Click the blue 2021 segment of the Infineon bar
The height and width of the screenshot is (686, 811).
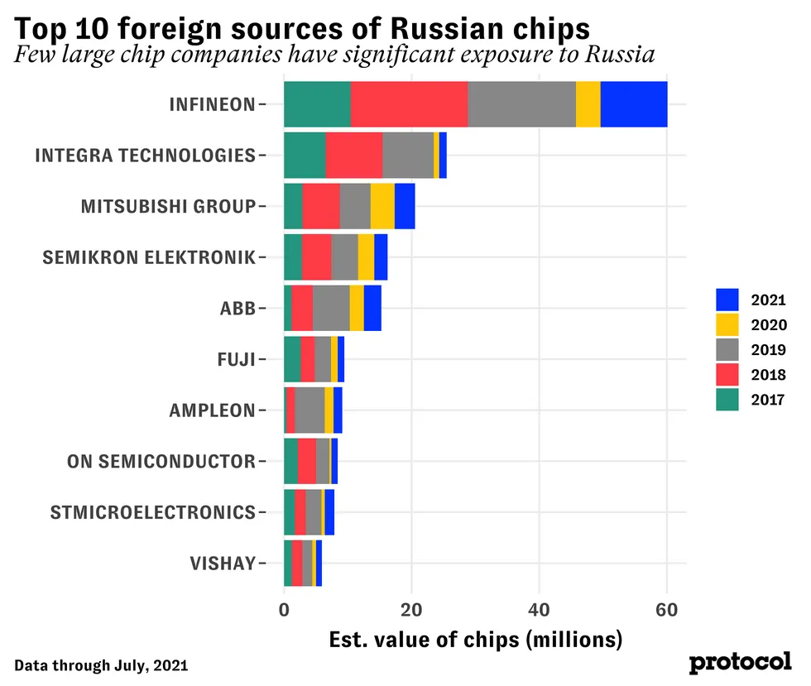634,104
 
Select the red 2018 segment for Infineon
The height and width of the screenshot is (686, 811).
410,104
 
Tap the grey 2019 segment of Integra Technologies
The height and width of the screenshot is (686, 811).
408,156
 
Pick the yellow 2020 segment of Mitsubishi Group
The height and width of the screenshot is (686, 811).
382,206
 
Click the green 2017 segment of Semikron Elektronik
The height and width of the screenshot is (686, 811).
293,257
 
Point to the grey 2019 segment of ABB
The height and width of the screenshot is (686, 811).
331,308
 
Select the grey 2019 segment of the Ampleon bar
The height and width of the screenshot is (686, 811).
310,410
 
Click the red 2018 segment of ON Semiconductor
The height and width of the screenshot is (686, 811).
306,461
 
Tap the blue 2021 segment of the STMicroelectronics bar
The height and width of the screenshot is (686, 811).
329,512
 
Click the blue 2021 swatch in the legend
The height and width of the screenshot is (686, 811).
727,300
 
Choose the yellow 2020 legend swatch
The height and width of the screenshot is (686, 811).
727,324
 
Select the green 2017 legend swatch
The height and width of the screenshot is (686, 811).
727,401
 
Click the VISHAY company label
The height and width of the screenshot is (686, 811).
223,564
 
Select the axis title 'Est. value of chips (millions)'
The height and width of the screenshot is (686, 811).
475,640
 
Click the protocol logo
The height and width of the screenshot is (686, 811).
740,662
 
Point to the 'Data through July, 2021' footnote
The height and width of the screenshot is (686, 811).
101,664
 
